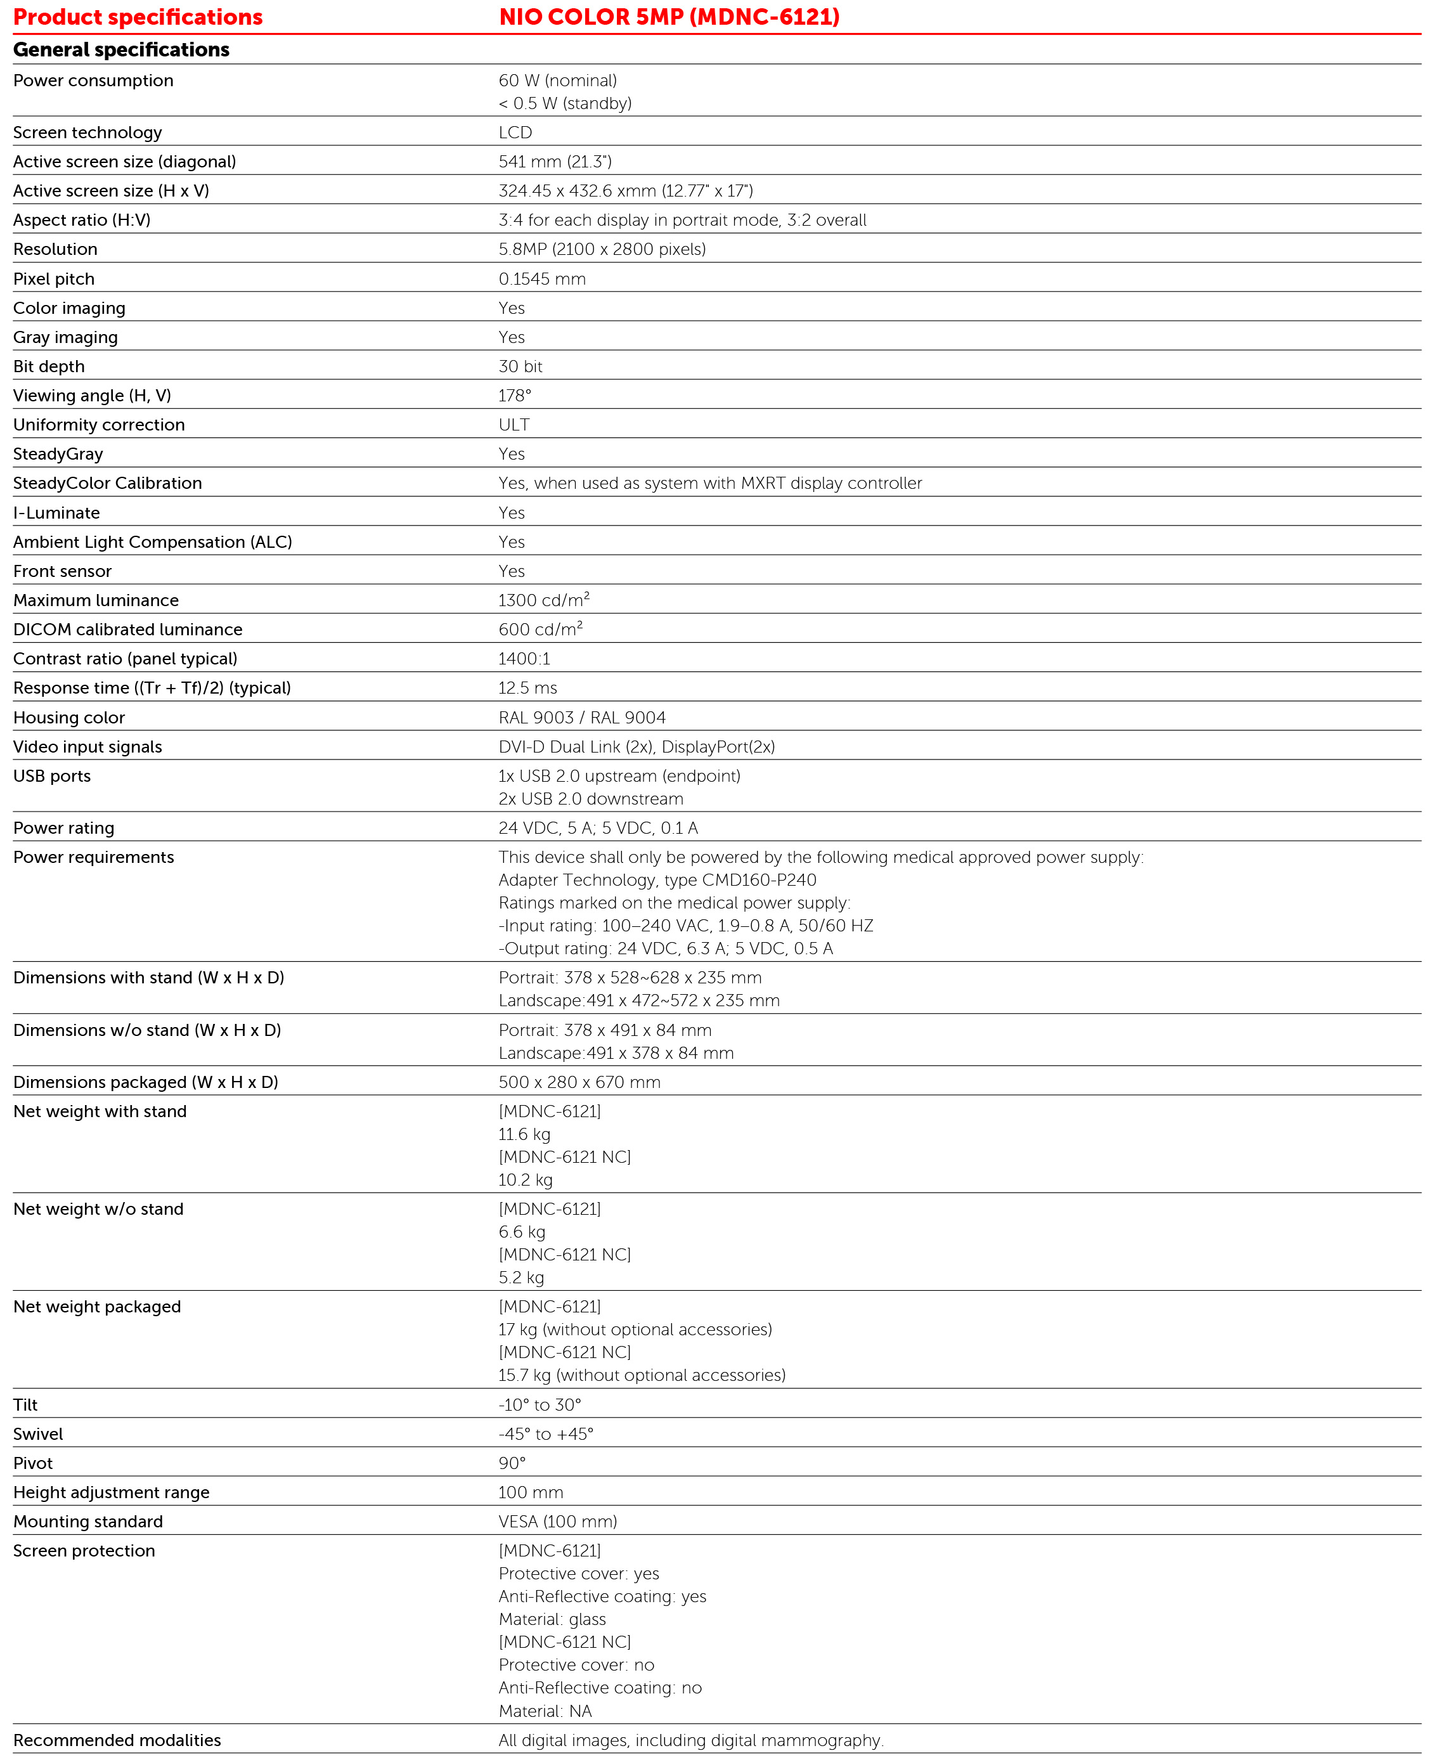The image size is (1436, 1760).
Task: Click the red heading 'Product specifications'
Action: click(138, 17)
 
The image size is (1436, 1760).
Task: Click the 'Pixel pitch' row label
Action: click(54, 279)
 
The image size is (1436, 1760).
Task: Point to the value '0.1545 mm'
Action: click(542, 279)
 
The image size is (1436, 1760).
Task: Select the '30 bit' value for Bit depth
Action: click(521, 366)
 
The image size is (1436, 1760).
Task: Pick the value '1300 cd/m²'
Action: click(543, 600)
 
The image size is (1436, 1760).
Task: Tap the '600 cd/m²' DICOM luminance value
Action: click(540, 630)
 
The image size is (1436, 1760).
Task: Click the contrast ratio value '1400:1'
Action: click(524, 658)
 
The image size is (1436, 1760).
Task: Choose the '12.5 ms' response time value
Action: click(527, 688)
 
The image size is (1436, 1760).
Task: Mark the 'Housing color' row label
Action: click(68, 717)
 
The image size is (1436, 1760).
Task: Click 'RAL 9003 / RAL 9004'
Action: click(581, 717)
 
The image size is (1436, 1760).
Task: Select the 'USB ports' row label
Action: click(51, 776)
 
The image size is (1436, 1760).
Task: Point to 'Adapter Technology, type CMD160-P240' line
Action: click(657, 880)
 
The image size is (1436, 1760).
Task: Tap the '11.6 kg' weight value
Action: click(524, 1134)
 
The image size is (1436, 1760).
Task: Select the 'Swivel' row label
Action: click(38, 1433)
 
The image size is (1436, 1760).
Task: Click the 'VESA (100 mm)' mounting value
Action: click(557, 1521)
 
